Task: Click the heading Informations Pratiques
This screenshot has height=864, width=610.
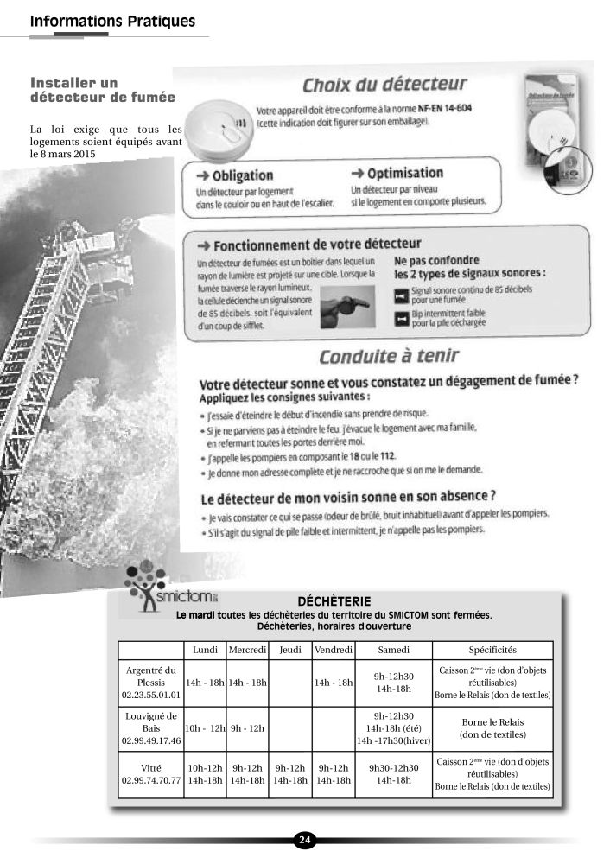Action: pyautogui.click(x=112, y=21)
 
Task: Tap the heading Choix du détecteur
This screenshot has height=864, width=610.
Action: pyautogui.click(x=384, y=86)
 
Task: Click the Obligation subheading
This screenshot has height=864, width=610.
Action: pyautogui.click(x=234, y=175)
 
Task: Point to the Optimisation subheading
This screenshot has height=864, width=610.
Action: pyautogui.click(x=397, y=173)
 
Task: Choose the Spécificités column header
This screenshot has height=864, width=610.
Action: pyautogui.click(x=492, y=650)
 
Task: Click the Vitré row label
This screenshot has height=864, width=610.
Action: pyautogui.click(x=151, y=773)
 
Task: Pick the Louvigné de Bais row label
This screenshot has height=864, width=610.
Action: pyautogui.click(x=151, y=727)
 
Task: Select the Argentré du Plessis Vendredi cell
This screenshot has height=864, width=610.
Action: pyautogui.click(x=334, y=683)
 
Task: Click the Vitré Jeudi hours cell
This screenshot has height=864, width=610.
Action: pyautogui.click(x=290, y=773)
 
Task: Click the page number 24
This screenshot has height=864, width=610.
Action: pyautogui.click(x=305, y=839)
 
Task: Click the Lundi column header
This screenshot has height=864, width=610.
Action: pyautogui.click(x=205, y=650)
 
